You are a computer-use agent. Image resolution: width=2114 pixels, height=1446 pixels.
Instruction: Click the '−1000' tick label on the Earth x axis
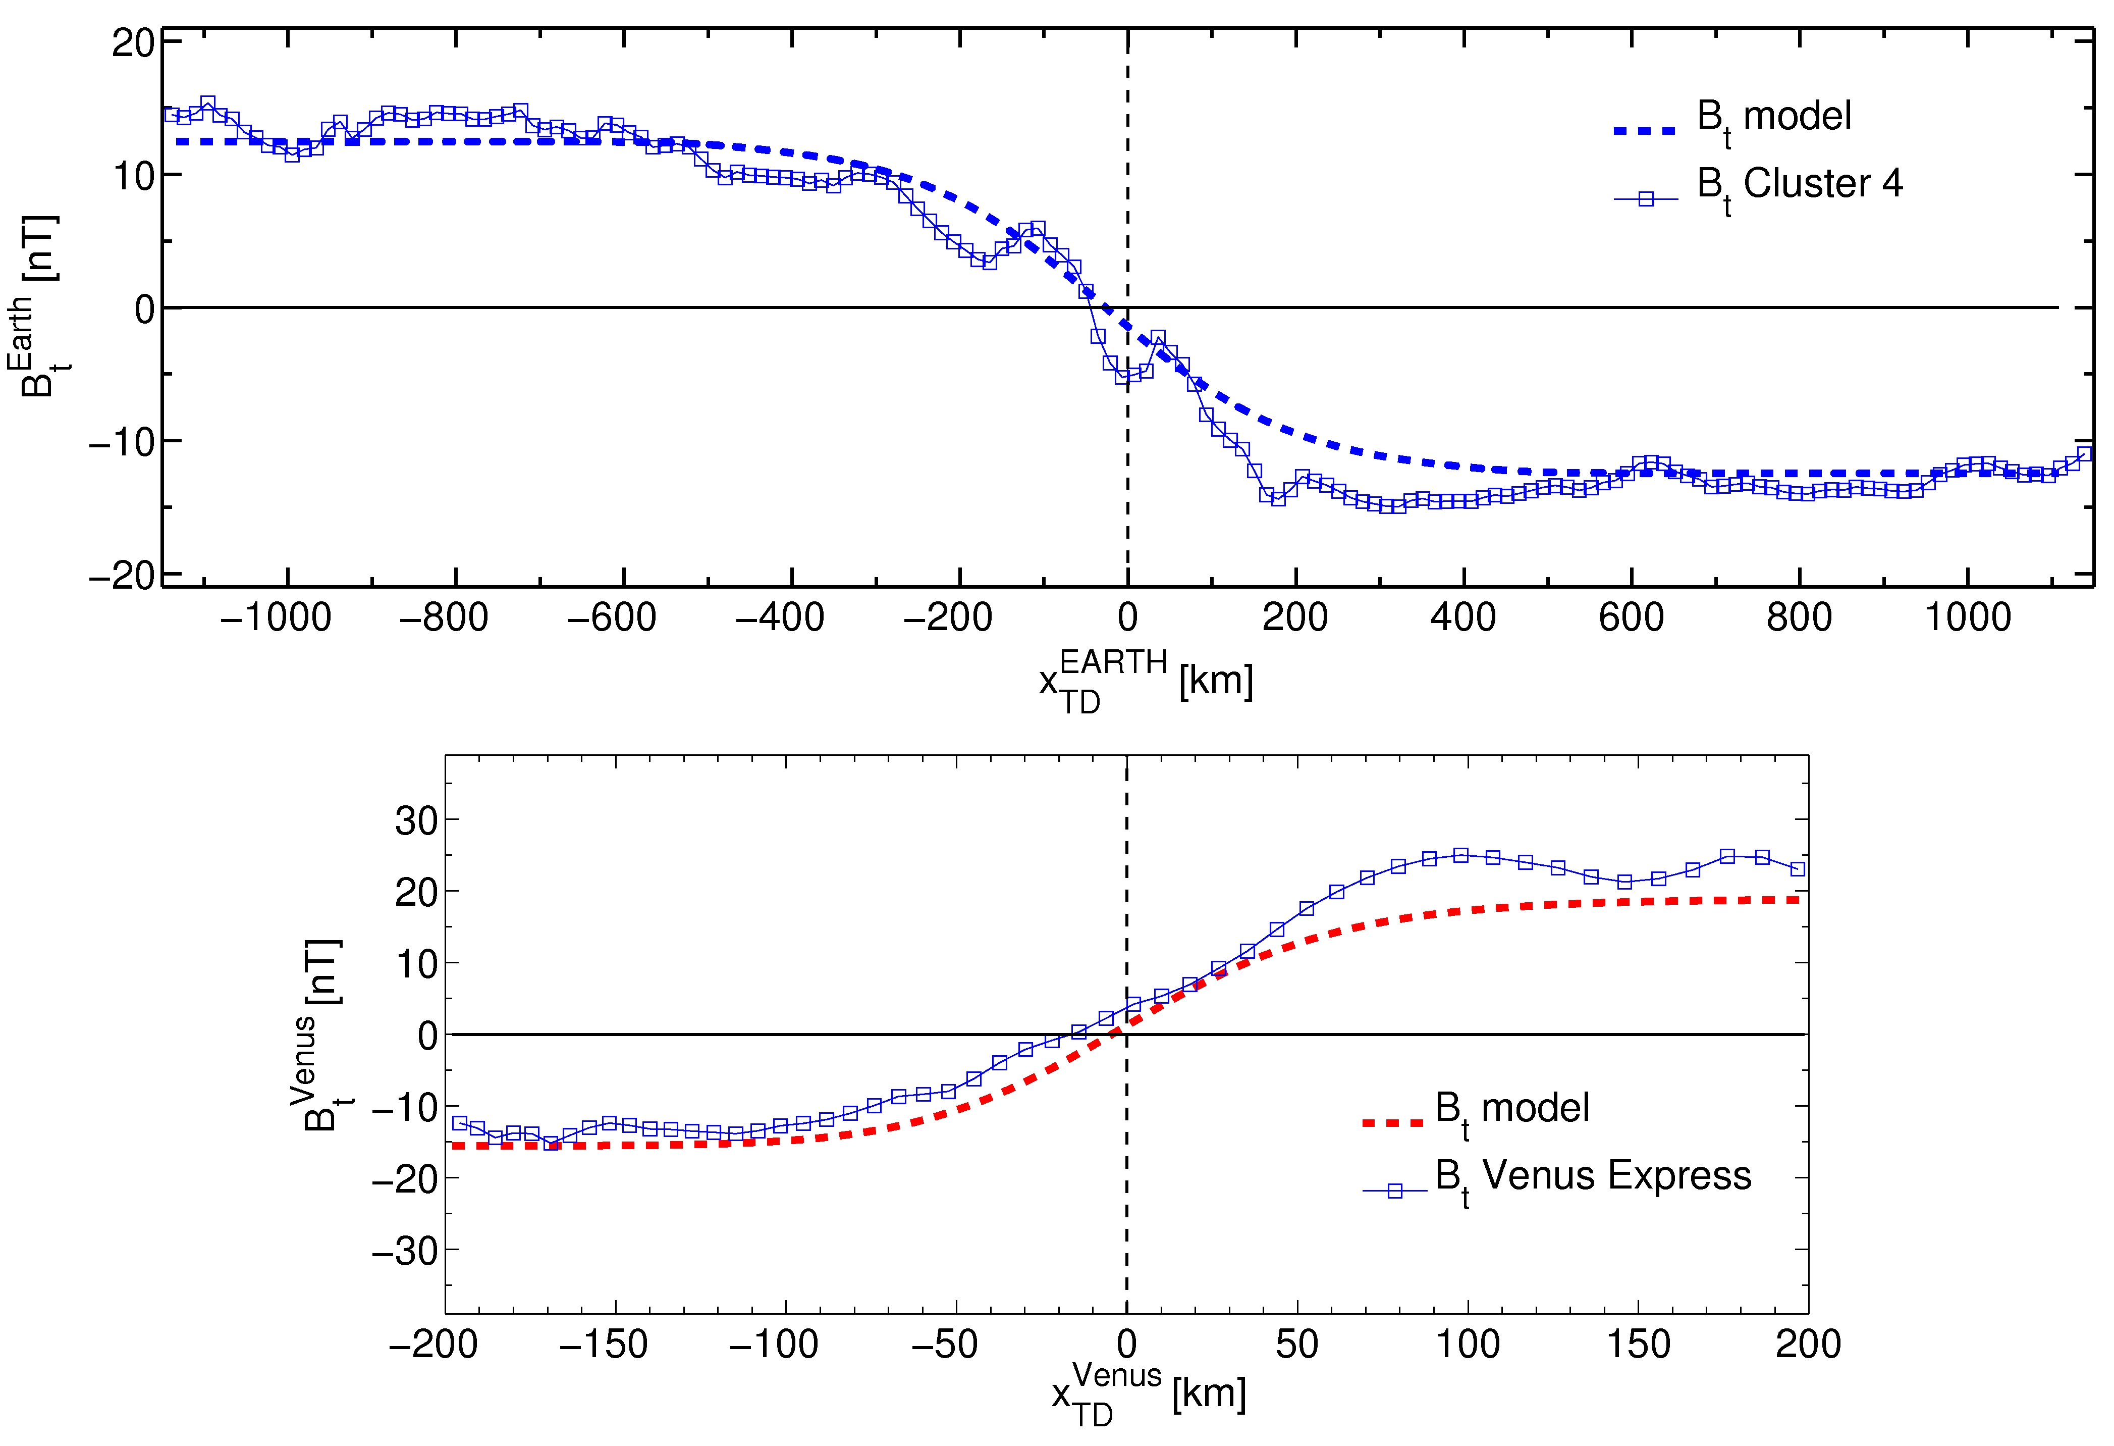(276, 618)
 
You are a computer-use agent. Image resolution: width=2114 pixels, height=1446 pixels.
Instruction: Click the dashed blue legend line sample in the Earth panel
(1645, 131)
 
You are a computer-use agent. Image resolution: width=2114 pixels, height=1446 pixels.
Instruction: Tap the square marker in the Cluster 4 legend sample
(1646, 198)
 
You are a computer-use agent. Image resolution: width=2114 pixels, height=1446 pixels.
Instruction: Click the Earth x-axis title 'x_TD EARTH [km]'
(1146, 681)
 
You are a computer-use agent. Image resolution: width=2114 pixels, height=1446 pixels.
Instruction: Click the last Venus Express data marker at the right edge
(1798, 869)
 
